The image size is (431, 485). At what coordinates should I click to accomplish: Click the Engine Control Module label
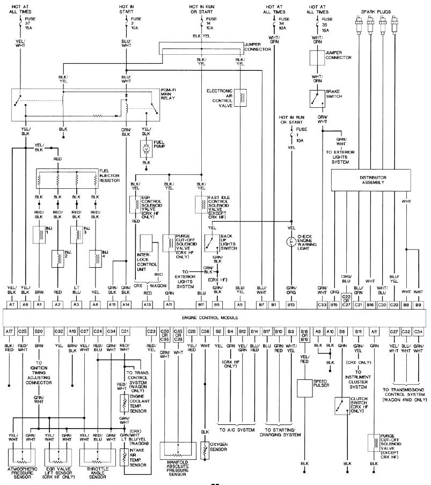pyautogui.click(x=214, y=318)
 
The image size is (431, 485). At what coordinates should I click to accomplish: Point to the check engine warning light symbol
pyautogui.click(x=291, y=243)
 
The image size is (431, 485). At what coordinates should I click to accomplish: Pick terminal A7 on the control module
pyautogui.click(x=11, y=305)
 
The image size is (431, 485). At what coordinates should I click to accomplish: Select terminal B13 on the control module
pyautogui.click(x=291, y=305)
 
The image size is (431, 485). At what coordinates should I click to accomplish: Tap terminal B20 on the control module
pyautogui.click(x=39, y=332)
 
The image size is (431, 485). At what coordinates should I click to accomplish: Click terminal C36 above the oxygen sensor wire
pyautogui.click(x=204, y=332)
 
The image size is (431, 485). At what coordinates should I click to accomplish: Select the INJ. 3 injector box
pyautogui.click(x=76, y=234)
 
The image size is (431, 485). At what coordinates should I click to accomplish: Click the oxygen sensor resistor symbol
pyautogui.click(x=204, y=450)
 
